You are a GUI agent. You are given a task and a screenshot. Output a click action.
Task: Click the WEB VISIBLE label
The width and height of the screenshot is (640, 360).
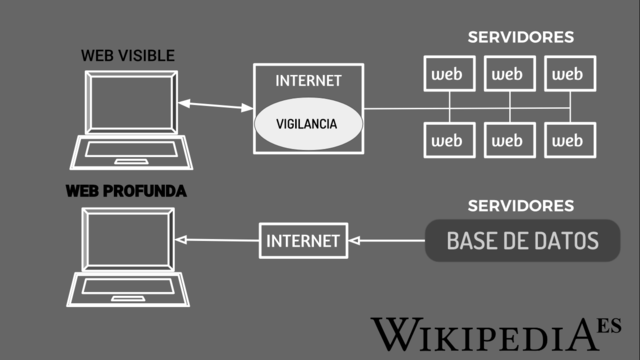127,56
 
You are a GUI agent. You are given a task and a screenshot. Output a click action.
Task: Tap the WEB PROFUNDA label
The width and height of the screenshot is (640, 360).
126,190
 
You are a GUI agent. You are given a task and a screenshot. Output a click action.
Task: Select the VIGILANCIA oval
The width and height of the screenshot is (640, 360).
306,124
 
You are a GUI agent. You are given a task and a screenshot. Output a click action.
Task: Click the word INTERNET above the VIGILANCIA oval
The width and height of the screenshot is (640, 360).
307,80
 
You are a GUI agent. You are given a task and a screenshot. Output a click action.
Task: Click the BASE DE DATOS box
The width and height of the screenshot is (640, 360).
522,241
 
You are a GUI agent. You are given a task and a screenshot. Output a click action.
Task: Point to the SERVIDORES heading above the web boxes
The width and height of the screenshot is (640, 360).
520,37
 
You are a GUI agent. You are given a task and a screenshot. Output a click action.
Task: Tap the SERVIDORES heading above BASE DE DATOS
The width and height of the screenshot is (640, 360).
520,206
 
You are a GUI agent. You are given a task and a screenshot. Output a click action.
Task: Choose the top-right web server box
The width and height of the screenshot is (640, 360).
568,73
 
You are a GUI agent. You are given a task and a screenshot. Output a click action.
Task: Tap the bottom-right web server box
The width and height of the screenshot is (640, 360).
568,140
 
